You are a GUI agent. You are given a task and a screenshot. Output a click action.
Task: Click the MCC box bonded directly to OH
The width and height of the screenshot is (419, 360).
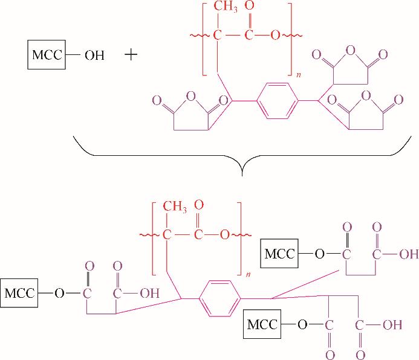[47, 55]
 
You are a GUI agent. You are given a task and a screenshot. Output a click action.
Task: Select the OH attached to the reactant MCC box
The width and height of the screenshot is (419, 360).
[94, 55]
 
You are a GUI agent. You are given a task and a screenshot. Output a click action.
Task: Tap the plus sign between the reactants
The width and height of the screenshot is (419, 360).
[131, 55]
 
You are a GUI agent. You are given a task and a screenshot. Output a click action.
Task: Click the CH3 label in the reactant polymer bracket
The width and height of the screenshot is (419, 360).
[226, 7]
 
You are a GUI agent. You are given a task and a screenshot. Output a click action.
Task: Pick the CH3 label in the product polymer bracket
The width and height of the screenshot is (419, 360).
[175, 207]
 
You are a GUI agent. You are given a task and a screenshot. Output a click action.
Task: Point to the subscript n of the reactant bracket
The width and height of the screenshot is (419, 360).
[299, 75]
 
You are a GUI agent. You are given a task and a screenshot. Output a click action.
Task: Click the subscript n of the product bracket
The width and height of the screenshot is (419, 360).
[248, 274]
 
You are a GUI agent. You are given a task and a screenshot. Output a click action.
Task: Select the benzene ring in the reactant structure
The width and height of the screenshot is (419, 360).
[278, 101]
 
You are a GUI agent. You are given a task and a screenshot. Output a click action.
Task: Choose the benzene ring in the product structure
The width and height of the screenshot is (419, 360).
[219, 298]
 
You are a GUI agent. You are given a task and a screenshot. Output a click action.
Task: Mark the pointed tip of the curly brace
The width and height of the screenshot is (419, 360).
[242, 176]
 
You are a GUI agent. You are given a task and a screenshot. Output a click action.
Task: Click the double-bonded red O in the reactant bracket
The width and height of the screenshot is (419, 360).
[249, 5]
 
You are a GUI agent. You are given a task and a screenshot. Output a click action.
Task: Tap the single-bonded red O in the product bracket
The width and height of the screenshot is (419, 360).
[224, 235]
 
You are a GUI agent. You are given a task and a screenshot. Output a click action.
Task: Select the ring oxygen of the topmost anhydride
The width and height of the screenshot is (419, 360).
[350, 51]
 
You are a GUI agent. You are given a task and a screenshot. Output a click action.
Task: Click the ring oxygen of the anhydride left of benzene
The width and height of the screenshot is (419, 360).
[191, 96]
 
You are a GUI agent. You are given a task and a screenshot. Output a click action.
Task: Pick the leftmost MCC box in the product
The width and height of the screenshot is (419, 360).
[19, 293]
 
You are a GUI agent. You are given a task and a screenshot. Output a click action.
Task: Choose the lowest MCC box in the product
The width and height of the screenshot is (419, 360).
[262, 324]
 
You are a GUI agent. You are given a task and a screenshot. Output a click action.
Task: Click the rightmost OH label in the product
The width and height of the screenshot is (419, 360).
[409, 254]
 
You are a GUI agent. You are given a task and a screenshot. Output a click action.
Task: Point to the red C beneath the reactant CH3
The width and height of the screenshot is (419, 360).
[218, 35]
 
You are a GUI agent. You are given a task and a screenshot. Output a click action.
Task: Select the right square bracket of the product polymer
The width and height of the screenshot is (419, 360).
[239, 239]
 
